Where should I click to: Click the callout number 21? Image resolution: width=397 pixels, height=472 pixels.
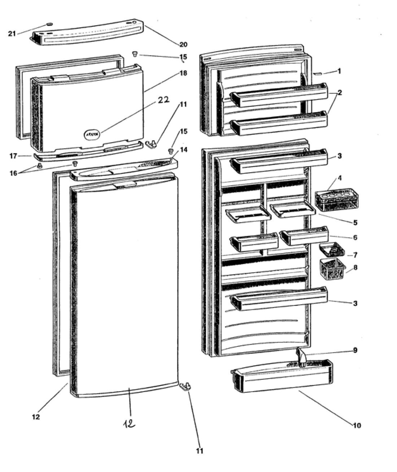tap(12, 34)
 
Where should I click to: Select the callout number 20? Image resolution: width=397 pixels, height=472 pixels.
tap(183, 45)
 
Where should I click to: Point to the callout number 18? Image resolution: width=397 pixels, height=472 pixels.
tap(183, 73)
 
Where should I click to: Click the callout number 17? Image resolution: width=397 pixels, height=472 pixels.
tap(13, 156)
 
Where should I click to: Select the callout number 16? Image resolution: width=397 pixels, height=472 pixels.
tap(13, 173)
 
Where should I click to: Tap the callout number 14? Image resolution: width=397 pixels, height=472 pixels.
tap(184, 149)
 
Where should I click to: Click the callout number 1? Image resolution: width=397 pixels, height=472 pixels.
tap(339, 71)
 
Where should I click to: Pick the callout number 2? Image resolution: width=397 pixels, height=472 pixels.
tap(340, 92)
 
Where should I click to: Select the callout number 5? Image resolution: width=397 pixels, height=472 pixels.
tap(355, 223)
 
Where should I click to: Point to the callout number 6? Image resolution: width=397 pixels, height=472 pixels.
tap(355, 238)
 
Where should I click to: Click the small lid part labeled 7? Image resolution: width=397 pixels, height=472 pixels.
tap(332, 249)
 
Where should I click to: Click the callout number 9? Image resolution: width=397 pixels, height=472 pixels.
tap(355, 350)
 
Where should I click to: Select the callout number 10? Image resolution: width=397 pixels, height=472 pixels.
tap(357, 426)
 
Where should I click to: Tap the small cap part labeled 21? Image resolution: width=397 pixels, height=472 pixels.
tap(50, 24)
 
